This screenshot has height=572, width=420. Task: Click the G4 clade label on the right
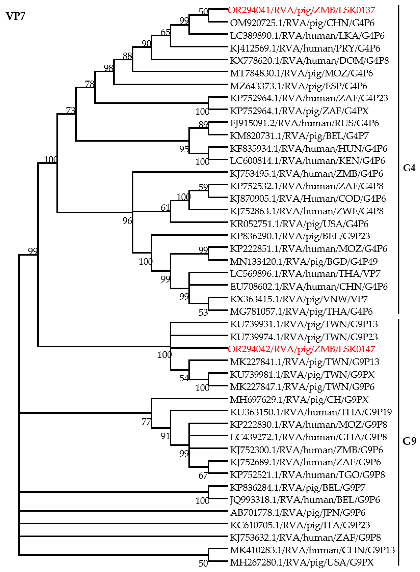[x=409, y=168]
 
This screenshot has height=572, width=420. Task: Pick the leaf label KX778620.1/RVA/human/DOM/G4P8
[x=309, y=61]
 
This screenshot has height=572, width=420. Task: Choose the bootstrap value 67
[x=203, y=476]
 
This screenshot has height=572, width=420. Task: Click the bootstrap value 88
[x=127, y=56]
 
